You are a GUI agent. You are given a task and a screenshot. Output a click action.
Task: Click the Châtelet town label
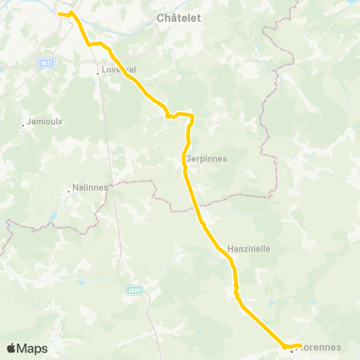[178, 17]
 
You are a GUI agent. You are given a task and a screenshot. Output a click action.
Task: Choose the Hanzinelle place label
[248, 247]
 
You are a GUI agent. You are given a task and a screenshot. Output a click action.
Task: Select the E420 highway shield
[133, 289]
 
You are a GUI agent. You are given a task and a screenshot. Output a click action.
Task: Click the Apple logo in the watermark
[11, 348]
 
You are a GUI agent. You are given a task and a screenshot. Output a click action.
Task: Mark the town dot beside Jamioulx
[23, 125]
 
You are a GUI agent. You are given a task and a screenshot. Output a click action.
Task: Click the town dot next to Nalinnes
[68, 191]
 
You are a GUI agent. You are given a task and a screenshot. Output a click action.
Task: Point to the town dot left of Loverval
[97, 73]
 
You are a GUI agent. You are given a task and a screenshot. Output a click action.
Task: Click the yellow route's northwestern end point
[59, 13]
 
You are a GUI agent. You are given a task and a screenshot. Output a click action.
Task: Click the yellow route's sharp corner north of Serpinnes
[193, 115]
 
